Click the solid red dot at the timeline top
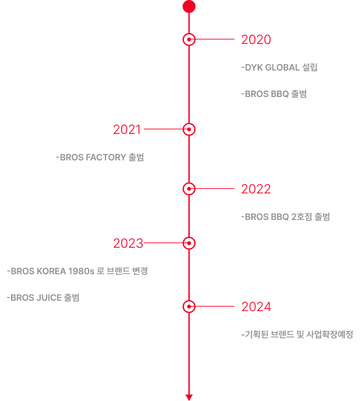pyautogui.click(x=189, y=6)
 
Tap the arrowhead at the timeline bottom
pyautogui.click(x=189, y=397)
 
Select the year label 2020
pyautogui.click(x=256, y=39)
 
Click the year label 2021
pyautogui.click(x=127, y=129)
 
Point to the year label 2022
pyautogui.click(x=256, y=189)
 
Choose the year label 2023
pyautogui.click(x=128, y=243)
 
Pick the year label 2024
pyautogui.click(x=256, y=307)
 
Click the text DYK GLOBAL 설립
pyautogui.click(x=281, y=67)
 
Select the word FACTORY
pyautogui.click(x=106, y=157)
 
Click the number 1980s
pyautogui.click(x=82, y=271)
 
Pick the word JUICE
pyautogui.click(x=49, y=298)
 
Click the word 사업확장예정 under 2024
pyautogui.click(x=330, y=334)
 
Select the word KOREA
pyautogui.click(x=51, y=271)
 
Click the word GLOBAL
pyautogui.click(x=282, y=67)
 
